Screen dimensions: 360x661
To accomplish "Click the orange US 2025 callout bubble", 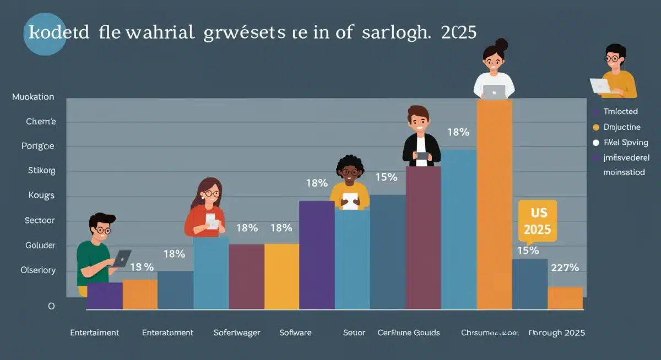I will click(537, 221).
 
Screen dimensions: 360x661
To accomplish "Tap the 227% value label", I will click(565, 268).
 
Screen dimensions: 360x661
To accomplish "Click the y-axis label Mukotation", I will click(33, 97).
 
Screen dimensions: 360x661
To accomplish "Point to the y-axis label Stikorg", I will click(41, 171).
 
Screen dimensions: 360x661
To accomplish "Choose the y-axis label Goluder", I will click(40, 246).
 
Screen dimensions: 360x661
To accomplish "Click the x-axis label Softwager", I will click(236, 332).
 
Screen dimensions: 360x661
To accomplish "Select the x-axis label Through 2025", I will click(556, 332).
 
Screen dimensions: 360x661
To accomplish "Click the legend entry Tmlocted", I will click(620, 111).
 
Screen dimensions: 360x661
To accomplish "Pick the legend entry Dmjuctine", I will click(622, 127).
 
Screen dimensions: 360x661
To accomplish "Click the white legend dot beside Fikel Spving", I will click(595, 143).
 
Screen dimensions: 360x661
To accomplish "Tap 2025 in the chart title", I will click(459, 32).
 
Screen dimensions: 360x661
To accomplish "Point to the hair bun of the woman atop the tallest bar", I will click(501, 43).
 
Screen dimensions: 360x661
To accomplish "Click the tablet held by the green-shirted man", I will click(121, 258).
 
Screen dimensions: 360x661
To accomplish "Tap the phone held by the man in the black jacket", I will click(422, 156).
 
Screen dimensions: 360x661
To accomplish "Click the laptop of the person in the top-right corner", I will click(600, 86).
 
